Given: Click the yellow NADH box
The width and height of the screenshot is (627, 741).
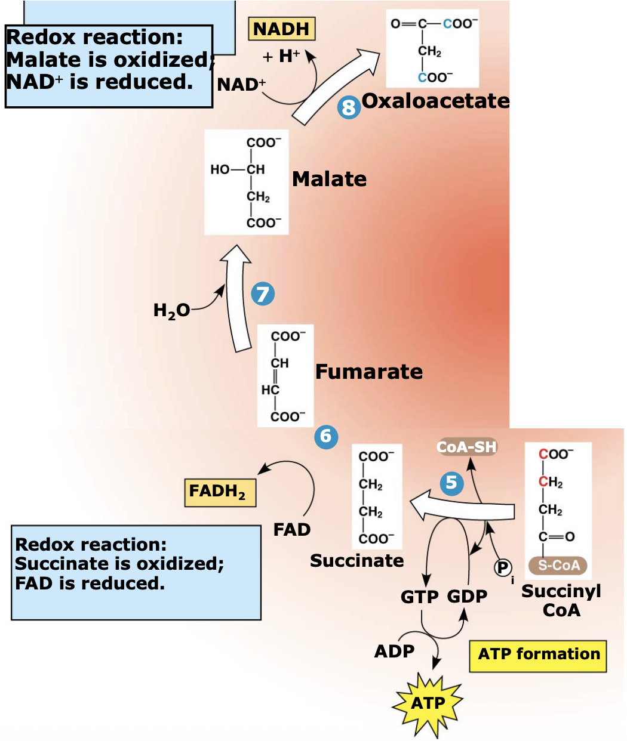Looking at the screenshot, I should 281,29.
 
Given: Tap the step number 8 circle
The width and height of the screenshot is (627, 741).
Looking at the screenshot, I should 349,107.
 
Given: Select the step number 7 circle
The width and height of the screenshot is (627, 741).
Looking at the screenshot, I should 263,294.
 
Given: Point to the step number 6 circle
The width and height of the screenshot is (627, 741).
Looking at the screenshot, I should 326,437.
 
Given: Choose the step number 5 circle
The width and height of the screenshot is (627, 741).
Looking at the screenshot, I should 451,483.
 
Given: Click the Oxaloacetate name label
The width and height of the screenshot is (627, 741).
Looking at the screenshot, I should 435,101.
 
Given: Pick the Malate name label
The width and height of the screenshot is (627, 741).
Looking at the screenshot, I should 329,179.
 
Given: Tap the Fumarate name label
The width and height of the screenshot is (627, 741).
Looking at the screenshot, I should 368,372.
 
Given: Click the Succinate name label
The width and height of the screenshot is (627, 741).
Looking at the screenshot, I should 356,561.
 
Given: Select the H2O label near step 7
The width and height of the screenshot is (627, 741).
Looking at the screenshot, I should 171,310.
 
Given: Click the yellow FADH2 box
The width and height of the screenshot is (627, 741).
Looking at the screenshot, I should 220,492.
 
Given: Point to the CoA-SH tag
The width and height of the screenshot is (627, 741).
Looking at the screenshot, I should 467,447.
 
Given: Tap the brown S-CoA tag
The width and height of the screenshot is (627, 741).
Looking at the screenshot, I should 558,565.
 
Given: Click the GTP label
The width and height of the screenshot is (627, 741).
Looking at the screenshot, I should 419,597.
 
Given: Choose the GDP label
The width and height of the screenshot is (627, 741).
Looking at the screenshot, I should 467,597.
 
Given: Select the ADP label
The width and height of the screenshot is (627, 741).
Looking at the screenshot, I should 394,651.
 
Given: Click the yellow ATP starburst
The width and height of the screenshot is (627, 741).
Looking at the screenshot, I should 428,704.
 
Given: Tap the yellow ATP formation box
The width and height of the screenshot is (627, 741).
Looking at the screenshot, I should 538,655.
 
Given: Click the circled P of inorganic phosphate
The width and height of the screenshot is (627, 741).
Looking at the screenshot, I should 503,567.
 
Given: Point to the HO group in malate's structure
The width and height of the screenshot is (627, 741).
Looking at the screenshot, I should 219,169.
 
